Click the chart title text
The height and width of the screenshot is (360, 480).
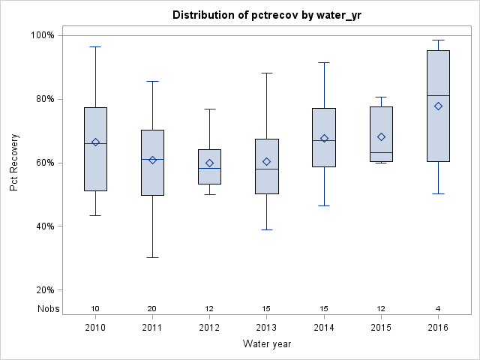point(266,15)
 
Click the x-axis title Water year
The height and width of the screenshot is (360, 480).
point(266,343)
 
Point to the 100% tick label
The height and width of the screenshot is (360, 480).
point(42,35)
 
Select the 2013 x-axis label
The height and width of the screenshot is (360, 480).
point(267,328)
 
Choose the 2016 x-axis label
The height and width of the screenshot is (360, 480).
point(438,328)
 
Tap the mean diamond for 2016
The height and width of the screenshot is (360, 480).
point(438,106)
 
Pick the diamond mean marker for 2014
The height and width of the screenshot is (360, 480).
point(324,138)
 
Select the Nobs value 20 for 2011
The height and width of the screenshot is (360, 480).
point(152,309)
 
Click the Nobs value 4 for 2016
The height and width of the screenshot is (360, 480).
point(438,309)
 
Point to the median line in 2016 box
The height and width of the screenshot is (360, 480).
point(438,95)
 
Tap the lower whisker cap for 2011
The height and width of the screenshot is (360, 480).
point(152,257)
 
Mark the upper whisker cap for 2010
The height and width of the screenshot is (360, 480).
point(95,46)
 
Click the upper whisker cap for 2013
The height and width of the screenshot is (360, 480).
point(267,73)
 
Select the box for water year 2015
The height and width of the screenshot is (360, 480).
point(381,133)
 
